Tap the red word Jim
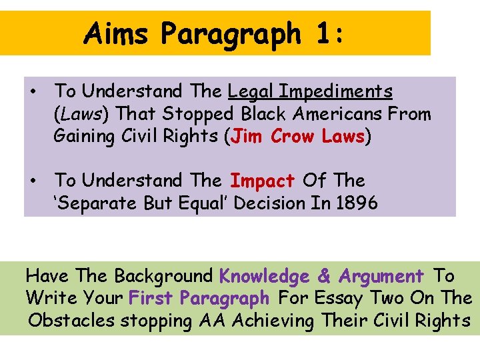coord(248,137)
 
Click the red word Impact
coord(262,181)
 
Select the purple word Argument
coord(381,276)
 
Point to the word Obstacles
coord(71,321)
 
